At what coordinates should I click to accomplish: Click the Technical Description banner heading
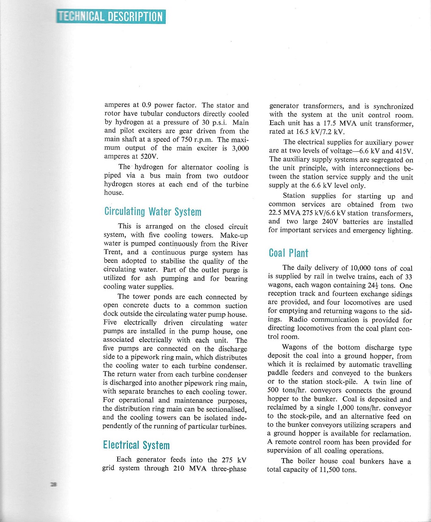111,17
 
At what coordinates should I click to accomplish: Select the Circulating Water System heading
153,211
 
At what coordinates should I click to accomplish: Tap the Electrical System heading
136,445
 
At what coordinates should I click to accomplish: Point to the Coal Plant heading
288,253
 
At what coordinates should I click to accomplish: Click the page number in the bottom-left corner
53,484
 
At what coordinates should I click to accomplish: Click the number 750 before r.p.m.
186,139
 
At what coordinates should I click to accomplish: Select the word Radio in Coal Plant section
298,319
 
